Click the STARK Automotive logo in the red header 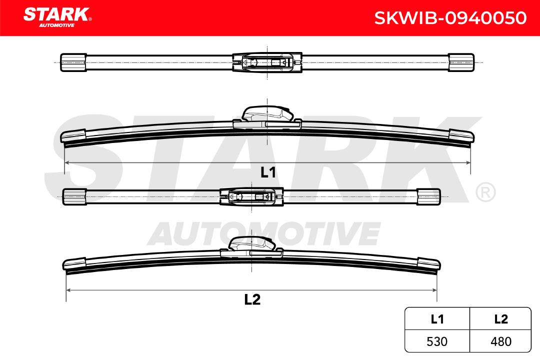click(x=57, y=17)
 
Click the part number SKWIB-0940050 click(x=450, y=18)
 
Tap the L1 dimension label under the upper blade click(x=268, y=172)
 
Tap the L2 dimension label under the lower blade click(x=252, y=299)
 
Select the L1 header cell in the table click(x=437, y=319)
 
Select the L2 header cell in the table click(x=500, y=319)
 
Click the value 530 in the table click(x=437, y=341)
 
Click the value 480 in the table click(x=500, y=341)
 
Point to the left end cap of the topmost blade click(x=73, y=62)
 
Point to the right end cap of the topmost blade click(x=461, y=62)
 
